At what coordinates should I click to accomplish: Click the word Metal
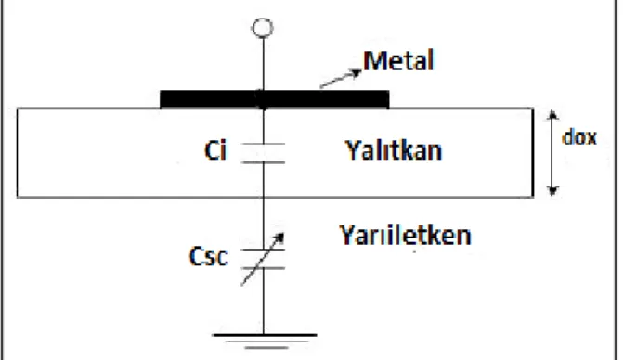(x=398, y=60)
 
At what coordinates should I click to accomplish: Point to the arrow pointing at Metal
(x=341, y=78)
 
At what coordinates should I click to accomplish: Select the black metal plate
(x=275, y=99)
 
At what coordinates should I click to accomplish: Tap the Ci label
(x=215, y=151)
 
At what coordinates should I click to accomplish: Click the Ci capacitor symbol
(x=263, y=153)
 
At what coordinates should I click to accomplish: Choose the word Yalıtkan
(x=394, y=150)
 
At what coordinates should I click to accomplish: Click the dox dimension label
(x=579, y=137)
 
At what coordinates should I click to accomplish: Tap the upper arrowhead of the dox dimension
(x=552, y=115)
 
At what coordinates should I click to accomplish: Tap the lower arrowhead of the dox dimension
(x=552, y=191)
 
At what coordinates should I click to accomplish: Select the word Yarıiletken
(x=405, y=235)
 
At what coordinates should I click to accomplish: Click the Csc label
(x=209, y=256)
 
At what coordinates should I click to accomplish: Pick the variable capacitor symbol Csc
(x=263, y=259)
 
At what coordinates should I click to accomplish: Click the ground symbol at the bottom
(x=265, y=341)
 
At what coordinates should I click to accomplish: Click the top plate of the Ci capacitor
(x=263, y=143)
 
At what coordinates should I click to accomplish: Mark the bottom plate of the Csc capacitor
(x=263, y=268)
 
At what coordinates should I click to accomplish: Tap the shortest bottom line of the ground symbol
(x=266, y=348)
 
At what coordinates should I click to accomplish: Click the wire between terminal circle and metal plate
(x=263, y=64)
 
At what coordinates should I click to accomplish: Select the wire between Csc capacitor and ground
(x=264, y=302)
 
